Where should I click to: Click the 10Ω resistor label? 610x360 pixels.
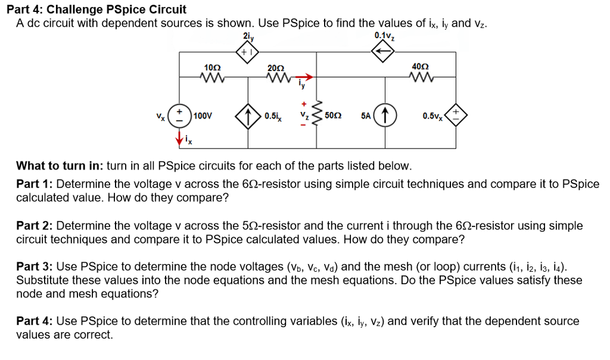coord(212,68)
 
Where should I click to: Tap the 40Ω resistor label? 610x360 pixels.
coord(420,67)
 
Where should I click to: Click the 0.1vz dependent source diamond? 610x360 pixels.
coord(384,52)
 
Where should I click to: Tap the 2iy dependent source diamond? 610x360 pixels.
coord(247,52)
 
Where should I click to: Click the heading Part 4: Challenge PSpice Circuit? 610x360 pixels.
coord(101,10)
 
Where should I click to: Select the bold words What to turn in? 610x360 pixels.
coord(57,165)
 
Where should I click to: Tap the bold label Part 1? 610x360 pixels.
coord(35,184)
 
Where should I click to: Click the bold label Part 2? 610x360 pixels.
coord(35,226)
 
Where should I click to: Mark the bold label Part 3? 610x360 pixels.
coord(35,267)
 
